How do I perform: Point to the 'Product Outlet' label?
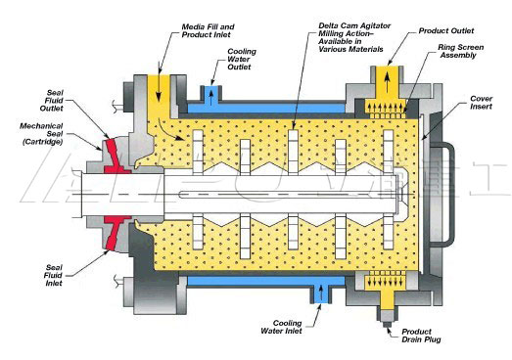coord(441,30)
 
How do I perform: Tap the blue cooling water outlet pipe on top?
coord(209,93)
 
